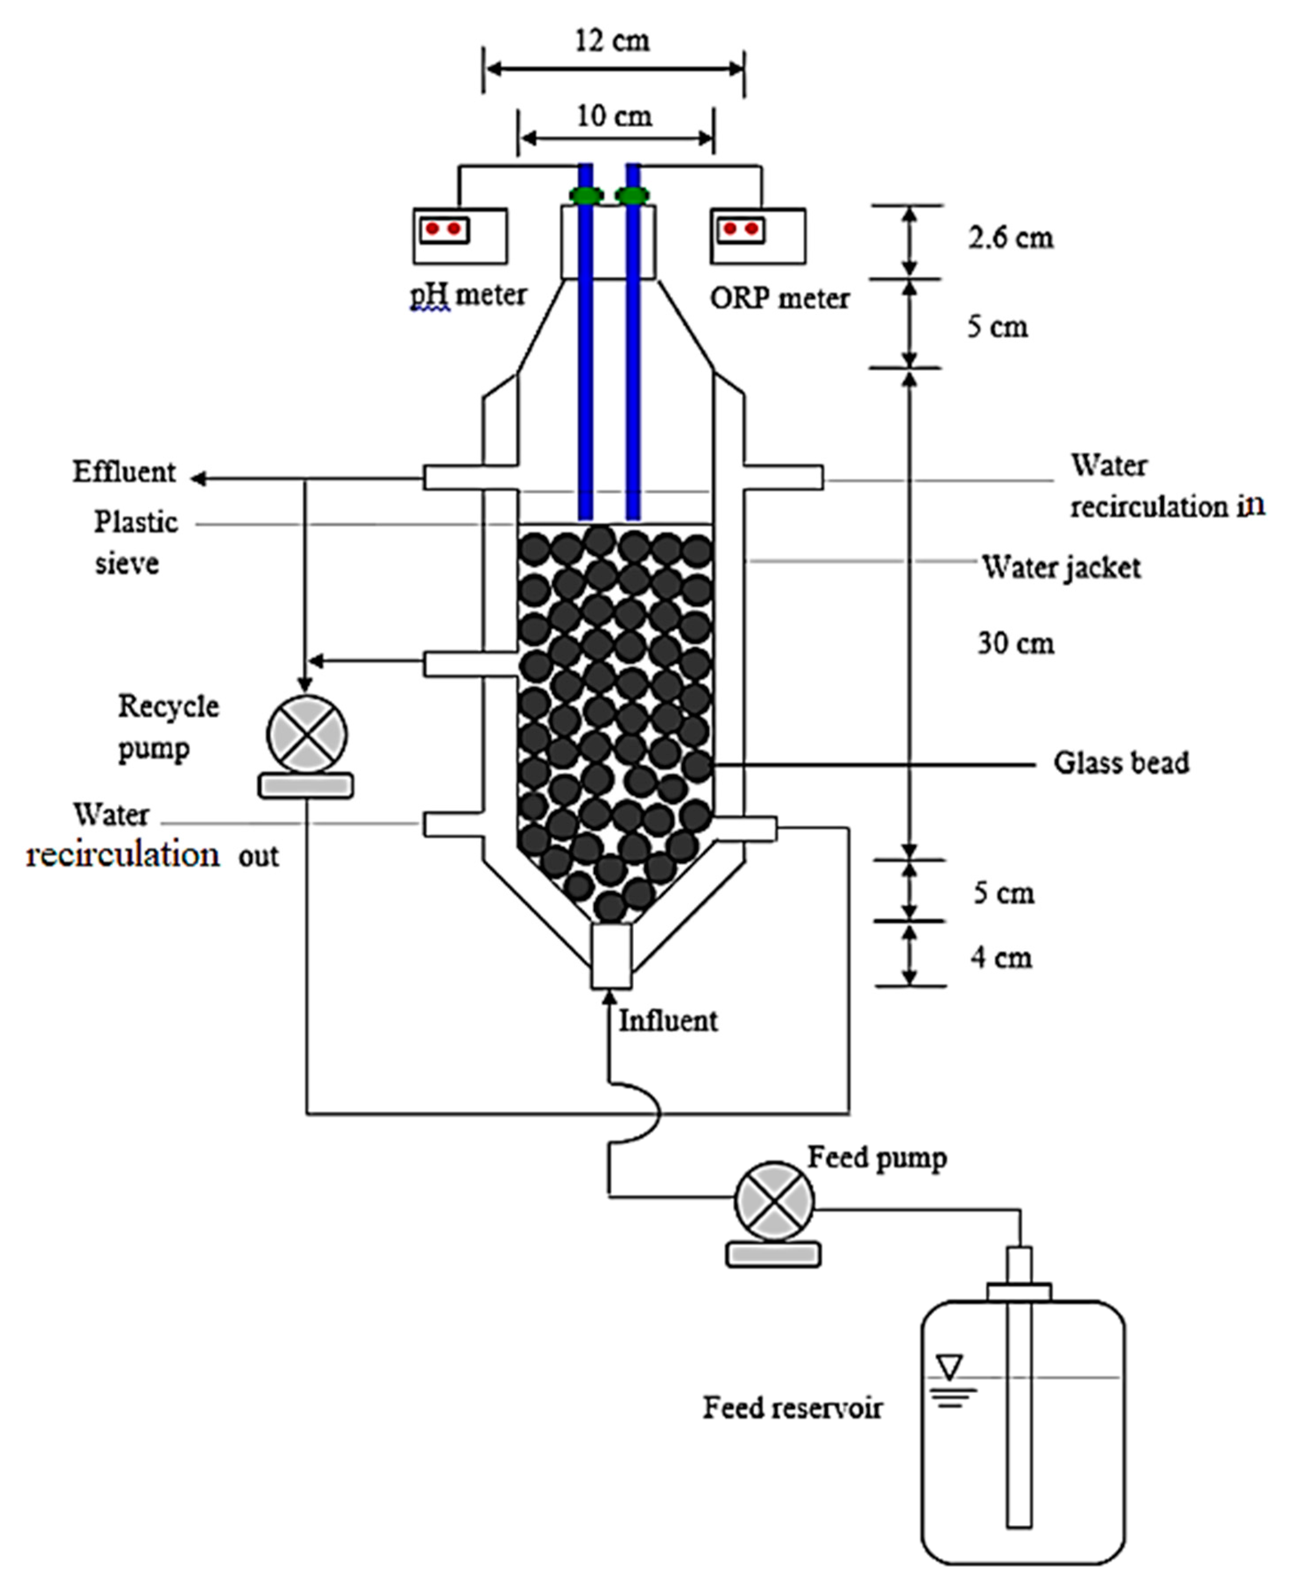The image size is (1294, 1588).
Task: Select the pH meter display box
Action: (x=460, y=236)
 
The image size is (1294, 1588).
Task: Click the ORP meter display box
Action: (x=758, y=236)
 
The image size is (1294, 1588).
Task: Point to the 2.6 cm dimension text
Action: (x=1010, y=238)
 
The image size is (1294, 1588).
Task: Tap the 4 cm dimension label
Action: (x=1001, y=957)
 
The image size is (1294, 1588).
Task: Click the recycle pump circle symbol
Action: (x=307, y=734)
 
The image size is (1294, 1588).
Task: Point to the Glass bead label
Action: (x=1120, y=763)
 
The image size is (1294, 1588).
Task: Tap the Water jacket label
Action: (x=1061, y=568)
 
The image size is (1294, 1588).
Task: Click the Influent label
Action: (x=668, y=1021)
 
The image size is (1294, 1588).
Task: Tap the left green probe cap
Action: (x=587, y=195)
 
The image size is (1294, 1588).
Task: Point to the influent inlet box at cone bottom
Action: (x=611, y=957)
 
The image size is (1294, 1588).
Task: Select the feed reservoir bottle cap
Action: (x=1019, y=1291)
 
